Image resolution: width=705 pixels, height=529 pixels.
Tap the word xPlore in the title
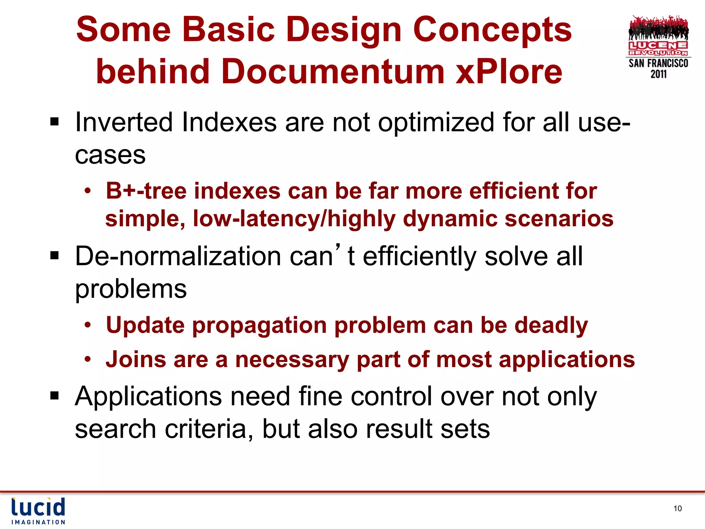point(509,71)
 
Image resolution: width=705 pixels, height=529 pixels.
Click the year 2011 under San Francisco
point(658,74)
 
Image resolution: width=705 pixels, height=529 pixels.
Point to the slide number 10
point(677,508)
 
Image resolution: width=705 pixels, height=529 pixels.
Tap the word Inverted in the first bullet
point(124,122)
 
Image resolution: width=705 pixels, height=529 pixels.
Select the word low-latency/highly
point(294,219)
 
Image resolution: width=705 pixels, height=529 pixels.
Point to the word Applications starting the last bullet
point(148,396)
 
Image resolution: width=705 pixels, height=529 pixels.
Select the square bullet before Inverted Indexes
point(54,122)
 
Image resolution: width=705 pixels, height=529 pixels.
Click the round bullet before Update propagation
point(88,325)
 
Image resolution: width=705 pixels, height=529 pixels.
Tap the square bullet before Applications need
point(54,396)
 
